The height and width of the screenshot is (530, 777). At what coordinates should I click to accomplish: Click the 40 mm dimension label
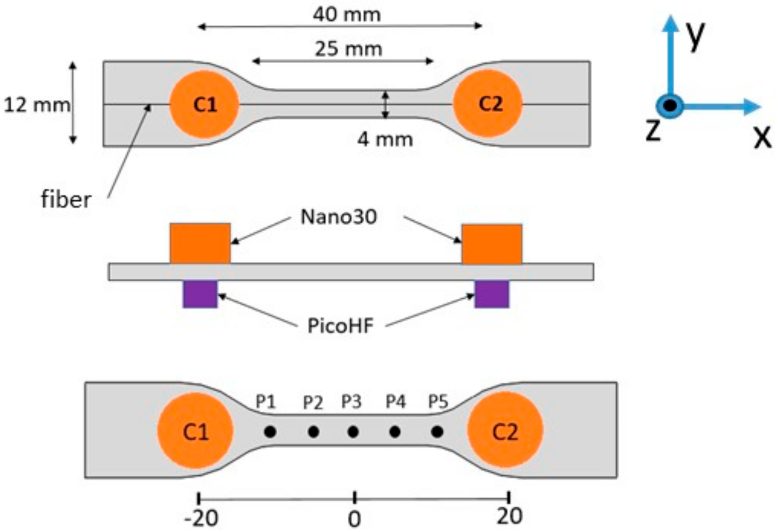[346, 14]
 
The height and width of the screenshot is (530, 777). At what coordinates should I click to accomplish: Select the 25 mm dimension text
[348, 49]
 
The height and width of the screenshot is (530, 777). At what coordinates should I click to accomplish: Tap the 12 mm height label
[37, 105]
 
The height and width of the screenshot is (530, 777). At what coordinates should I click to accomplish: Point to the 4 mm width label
[385, 139]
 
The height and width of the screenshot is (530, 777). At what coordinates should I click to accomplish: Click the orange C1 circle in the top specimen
[204, 105]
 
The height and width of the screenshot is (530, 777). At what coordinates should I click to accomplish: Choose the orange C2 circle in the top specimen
[488, 104]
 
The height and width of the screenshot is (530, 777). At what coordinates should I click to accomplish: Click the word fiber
[65, 200]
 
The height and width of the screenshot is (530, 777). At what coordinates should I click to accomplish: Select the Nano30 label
[339, 217]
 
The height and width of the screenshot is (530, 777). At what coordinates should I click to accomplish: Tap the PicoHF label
[340, 326]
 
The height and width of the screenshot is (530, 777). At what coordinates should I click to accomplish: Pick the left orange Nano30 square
[200, 243]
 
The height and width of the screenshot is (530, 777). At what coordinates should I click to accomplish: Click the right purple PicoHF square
[491, 294]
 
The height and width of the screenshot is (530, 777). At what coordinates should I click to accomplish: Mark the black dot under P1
[270, 432]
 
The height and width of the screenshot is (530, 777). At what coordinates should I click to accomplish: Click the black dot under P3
[353, 432]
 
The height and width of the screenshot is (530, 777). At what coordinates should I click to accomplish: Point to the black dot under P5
[437, 432]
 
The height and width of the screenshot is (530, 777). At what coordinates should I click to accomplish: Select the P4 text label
[395, 401]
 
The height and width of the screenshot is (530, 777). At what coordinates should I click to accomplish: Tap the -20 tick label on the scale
[201, 518]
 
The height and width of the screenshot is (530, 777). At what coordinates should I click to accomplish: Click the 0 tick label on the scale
[354, 519]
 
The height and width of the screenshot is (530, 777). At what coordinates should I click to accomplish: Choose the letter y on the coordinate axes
[697, 35]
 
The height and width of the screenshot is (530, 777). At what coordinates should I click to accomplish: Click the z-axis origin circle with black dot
[670, 106]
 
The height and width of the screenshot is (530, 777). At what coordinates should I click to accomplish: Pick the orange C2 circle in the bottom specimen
[505, 431]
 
